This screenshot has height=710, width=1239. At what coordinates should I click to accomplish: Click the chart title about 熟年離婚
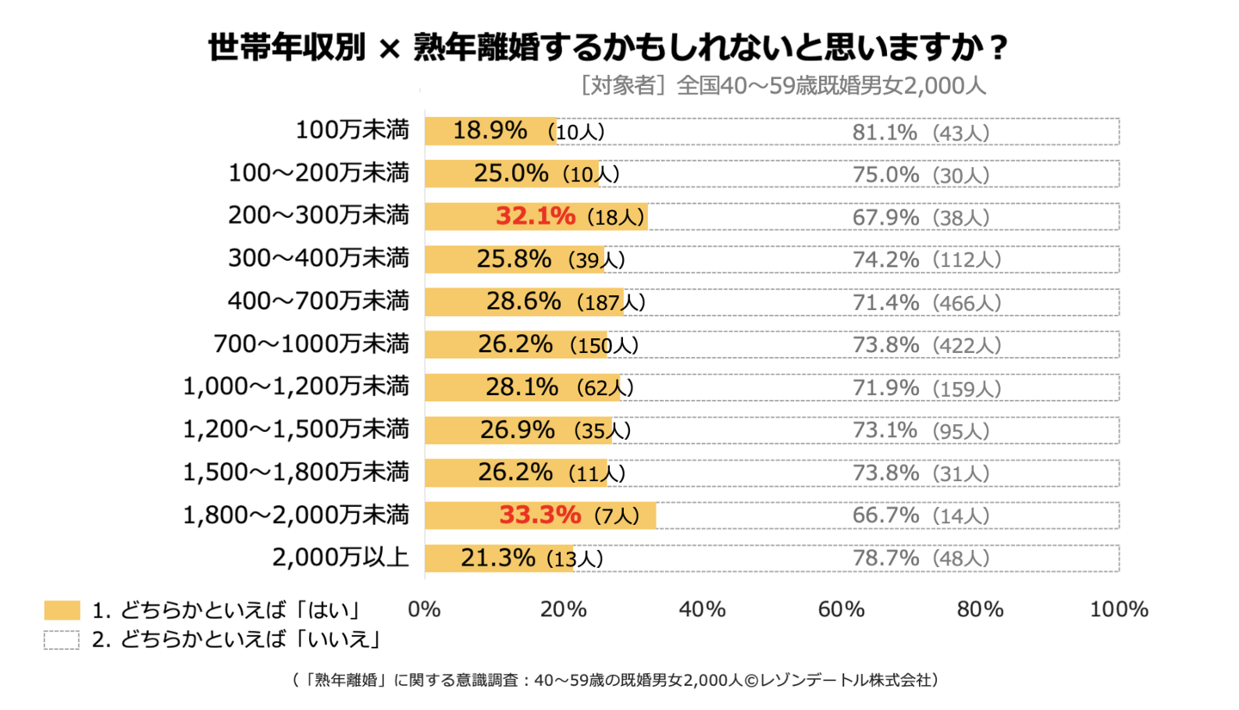coord(607,48)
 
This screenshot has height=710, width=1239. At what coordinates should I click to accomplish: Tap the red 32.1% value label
coord(535,216)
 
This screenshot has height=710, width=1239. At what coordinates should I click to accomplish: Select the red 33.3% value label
coord(540,516)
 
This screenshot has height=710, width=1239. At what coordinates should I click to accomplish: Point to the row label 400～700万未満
coord(318,301)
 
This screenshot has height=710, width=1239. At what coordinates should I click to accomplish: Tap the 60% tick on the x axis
coord(841,609)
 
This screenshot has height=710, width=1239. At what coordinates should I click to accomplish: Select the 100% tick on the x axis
coord(1119,609)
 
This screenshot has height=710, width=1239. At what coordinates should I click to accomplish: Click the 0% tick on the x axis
coord(424,609)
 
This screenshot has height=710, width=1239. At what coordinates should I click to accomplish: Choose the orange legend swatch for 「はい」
coord(61,610)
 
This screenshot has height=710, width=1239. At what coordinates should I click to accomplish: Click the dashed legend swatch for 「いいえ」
coord(61,639)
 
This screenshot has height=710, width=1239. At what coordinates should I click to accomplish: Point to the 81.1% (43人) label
coord(921,133)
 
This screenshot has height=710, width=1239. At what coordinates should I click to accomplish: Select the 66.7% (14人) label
coord(921,516)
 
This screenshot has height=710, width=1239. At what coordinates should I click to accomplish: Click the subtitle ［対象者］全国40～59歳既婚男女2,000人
coord(782,85)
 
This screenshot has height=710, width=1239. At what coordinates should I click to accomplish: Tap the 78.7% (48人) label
coord(921,559)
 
